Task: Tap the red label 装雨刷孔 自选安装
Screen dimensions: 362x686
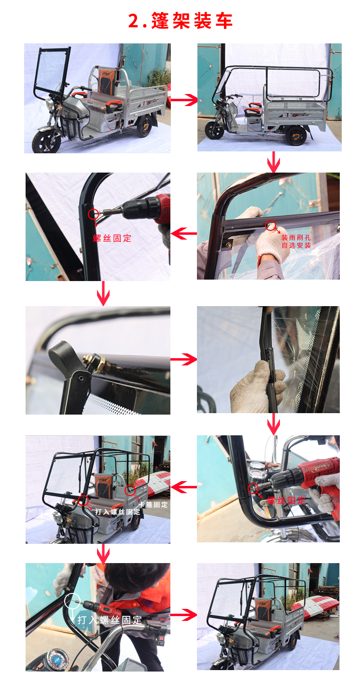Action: point(296,242)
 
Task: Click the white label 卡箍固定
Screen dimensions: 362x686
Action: point(153,504)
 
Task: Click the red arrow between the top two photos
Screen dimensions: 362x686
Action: point(184,99)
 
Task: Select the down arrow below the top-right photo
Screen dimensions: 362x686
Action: point(273,162)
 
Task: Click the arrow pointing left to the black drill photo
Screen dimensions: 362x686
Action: point(183,233)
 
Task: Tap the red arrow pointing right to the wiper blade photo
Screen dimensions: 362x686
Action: point(183,359)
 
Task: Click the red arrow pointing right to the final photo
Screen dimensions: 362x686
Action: point(183,615)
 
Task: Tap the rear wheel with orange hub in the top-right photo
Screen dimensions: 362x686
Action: point(296,135)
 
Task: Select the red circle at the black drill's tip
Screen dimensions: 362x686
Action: point(93,214)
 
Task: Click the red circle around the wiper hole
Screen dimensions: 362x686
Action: point(270,225)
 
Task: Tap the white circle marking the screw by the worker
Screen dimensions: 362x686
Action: point(72,601)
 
